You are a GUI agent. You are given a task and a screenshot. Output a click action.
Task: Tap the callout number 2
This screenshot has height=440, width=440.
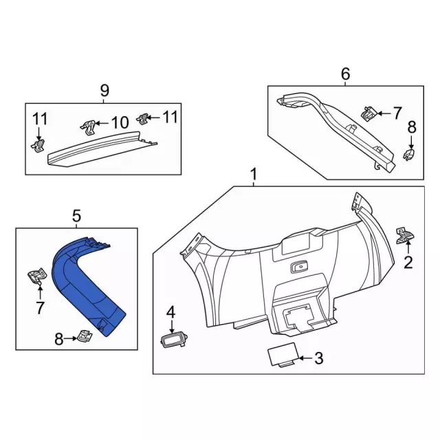point(408,261)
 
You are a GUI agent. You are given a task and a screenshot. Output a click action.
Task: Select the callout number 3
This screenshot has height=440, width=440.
point(318,357)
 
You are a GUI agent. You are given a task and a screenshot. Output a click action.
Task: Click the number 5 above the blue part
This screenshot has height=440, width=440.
point(76,217)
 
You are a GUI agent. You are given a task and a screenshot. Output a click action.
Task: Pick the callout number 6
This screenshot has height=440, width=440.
point(345,73)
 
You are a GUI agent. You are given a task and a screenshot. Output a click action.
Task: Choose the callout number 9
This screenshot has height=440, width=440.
point(104,89)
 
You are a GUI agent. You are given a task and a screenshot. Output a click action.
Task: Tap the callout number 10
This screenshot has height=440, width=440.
point(120,123)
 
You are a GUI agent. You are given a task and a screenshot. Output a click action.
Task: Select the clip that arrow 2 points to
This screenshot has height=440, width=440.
point(404,234)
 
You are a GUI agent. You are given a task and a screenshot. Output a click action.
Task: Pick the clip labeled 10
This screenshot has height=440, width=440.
point(86,125)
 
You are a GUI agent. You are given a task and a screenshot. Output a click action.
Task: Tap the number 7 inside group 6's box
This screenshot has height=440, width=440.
point(397,112)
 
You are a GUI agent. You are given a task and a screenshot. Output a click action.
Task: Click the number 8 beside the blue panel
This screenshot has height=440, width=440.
point(58,338)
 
